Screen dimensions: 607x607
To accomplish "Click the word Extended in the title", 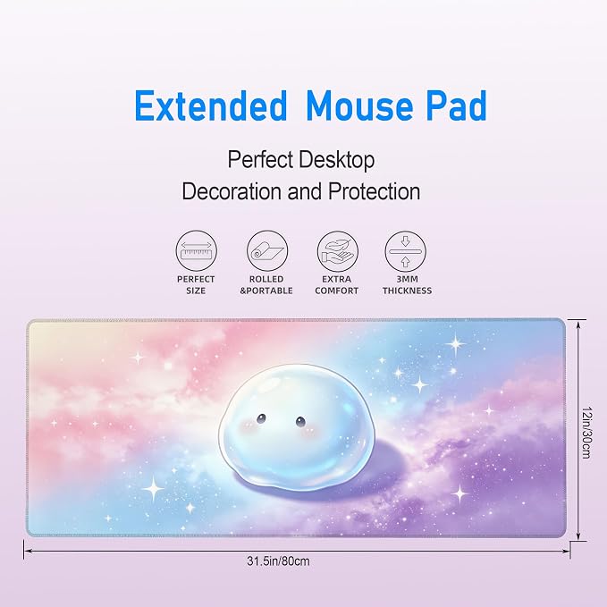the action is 211,105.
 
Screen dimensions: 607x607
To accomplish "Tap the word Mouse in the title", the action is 359,105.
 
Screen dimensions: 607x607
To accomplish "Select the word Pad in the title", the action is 457,105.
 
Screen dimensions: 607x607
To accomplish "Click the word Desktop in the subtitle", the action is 337,160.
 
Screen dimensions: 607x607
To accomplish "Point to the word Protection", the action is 375,191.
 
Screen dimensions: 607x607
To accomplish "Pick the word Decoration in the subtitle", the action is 232,191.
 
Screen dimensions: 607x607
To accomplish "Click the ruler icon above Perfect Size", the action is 197,251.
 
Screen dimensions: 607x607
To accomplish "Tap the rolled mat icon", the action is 267,251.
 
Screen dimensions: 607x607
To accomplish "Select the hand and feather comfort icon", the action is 338,251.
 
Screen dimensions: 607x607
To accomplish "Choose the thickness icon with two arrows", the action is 405,251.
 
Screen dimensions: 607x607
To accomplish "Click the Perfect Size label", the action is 196,285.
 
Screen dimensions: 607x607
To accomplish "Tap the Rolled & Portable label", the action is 266,285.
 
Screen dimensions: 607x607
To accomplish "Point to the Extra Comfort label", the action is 337,285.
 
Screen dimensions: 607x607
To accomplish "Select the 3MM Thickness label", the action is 408,285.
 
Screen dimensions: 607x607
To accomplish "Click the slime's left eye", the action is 262,418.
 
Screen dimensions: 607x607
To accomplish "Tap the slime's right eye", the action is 300,422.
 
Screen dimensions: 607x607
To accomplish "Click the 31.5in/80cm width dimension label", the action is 278,561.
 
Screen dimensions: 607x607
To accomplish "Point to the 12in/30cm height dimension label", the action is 586,432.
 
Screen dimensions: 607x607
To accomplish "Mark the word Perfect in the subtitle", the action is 260,159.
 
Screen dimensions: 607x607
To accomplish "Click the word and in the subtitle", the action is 305,191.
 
